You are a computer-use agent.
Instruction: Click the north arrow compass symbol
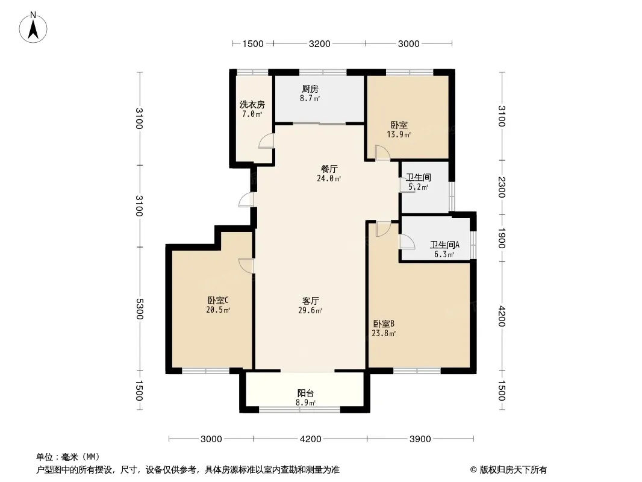(x=33, y=27)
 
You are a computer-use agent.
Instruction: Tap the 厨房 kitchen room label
(x=310, y=89)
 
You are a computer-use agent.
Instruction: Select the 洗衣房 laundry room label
(x=252, y=104)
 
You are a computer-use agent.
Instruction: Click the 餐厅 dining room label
(x=329, y=169)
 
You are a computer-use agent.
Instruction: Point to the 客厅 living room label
(x=310, y=301)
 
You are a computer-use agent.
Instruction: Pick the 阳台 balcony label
(x=305, y=393)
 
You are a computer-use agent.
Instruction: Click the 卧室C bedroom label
(x=217, y=300)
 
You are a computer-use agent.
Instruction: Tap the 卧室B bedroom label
(x=384, y=324)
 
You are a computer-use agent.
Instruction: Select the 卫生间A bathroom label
(x=444, y=245)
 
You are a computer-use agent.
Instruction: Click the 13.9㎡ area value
(x=399, y=134)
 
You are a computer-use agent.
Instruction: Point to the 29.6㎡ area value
(x=310, y=310)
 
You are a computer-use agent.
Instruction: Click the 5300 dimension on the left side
(x=139, y=308)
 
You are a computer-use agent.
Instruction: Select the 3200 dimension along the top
(x=319, y=44)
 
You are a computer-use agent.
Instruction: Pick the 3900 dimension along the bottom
(x=420, y=439)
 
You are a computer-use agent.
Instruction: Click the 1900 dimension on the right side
(x=502, y=237)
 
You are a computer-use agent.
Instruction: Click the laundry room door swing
(x=267, y=141)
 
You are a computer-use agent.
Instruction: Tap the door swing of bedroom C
(x=247, y=265)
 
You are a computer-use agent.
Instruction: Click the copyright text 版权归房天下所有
(x=513, y=470)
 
